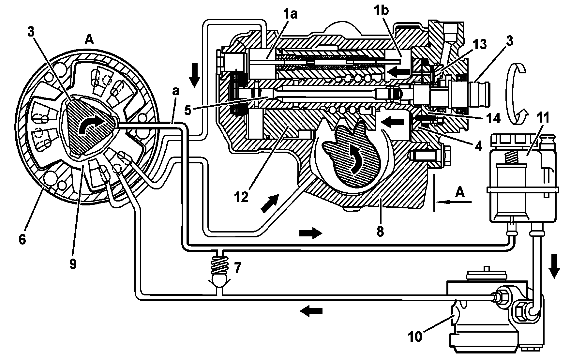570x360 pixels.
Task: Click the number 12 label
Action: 242,198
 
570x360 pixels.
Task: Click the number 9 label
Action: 73,263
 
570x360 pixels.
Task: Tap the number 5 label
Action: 188,110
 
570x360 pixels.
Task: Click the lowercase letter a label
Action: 176,92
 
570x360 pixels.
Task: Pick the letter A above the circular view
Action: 89,40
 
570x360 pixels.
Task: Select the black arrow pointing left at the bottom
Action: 311,310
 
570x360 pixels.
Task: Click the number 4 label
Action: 478,146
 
